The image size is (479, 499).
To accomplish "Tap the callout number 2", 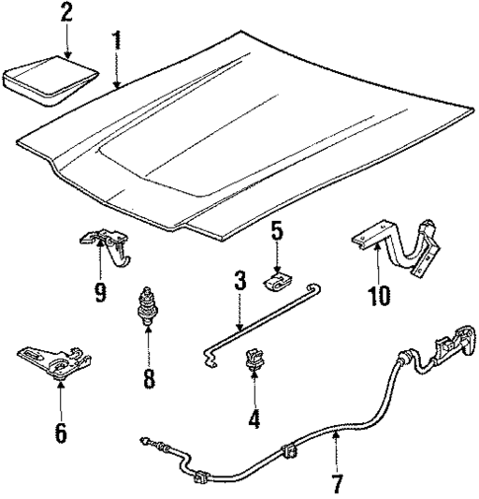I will [x=66, y=14].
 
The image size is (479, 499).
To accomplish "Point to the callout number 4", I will [x=253, y=418].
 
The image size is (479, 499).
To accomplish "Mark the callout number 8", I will [x=148, y=378].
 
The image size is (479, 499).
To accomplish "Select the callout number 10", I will [x=377, y=294].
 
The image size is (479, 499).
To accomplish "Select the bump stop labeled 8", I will [x=148, y=303].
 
